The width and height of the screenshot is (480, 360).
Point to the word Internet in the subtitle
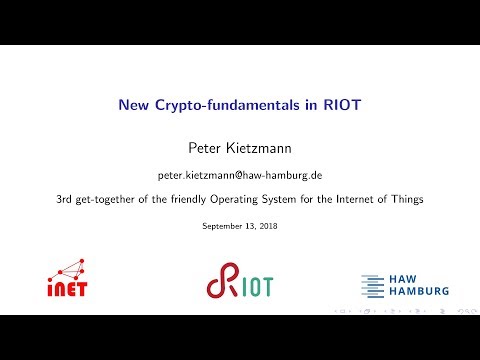coord(347,198)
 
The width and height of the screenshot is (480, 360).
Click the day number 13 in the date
coord(247,226)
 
